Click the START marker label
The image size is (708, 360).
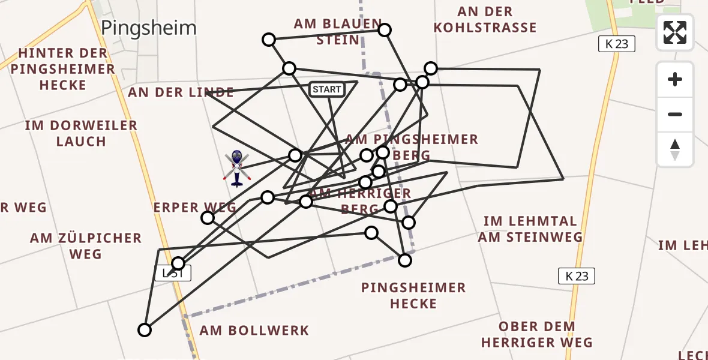[326, 89]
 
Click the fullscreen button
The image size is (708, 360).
[675, 32]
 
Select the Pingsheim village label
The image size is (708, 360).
[149, 28]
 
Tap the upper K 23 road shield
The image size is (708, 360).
[616, 43]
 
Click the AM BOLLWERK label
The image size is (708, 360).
[254, 330]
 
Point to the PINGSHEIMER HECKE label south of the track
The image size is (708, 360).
[413, 296]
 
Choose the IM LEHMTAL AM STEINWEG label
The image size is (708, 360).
[530, 229]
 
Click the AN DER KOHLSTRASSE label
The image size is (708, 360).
[485, 20]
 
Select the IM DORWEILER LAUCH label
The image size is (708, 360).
[81, 134]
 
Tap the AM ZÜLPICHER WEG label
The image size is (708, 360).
[85, 246]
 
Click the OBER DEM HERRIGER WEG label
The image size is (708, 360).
[536, 335]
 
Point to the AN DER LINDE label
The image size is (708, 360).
[181, 92]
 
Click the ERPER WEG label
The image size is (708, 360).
[194, 208]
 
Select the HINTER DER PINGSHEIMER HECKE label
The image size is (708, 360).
[62, 69]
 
